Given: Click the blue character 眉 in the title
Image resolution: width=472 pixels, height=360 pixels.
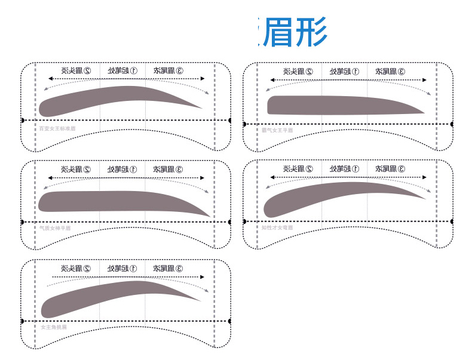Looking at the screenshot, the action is coord(277,33).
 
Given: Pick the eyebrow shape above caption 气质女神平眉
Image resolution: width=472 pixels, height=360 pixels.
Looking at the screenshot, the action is coord(114,201).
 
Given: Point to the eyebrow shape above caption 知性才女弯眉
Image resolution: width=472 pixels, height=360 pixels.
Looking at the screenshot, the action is coord(335,196).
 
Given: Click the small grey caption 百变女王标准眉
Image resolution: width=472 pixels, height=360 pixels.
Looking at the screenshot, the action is coord(57,128).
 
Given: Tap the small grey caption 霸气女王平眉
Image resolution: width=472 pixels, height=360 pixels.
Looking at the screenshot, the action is coord(277,130).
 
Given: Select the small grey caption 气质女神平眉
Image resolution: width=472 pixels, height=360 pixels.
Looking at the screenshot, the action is coord(55,228).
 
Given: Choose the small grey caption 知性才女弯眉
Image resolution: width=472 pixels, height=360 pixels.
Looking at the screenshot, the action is coord(277,227).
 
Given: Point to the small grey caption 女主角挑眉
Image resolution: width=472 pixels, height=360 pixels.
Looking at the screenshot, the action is coord(54,327).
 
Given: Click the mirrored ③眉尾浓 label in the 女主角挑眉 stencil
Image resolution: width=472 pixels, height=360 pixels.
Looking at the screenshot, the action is coord(168,269).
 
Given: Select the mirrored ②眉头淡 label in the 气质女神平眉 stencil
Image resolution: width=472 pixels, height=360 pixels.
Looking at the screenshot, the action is coord(76,169).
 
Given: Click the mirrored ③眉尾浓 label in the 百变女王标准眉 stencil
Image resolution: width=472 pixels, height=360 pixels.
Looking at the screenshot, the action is coord(168,70).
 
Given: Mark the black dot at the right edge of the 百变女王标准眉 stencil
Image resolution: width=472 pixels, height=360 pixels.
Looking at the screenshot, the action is coord(230,120).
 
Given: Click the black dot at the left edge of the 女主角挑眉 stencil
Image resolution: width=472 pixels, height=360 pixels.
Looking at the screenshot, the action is coord(22,321).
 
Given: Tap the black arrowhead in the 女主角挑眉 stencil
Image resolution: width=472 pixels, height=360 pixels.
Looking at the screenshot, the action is coord(202,277).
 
